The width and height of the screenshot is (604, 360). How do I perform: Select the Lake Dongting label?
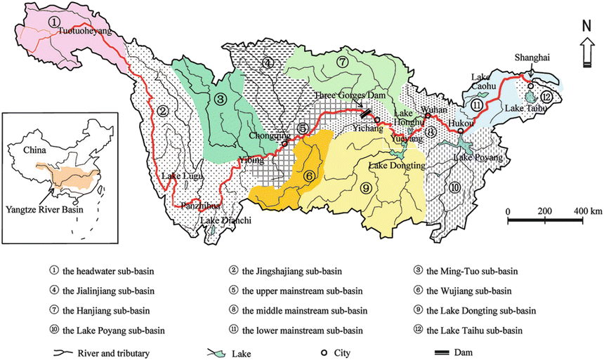coord(398,166)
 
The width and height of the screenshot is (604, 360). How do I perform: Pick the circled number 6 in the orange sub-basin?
coord(308,177)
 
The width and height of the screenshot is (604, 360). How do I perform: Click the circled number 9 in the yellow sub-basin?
coord(365,187)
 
